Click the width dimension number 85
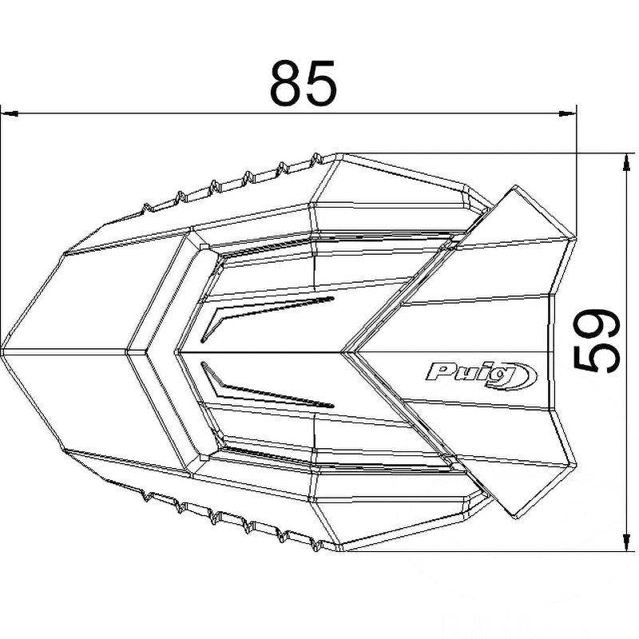pyautogui.click(x=304, y=83)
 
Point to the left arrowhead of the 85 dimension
pyautogui.click(x=10, y=113)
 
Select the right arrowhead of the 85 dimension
pyautogui.click(x=568, y=113)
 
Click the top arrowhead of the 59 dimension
pyautogui.click(x=625, y=163)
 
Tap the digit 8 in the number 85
pyautogui.click(x=287, y=83)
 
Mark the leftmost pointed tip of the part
pyautogui.click(x=2, y=351)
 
